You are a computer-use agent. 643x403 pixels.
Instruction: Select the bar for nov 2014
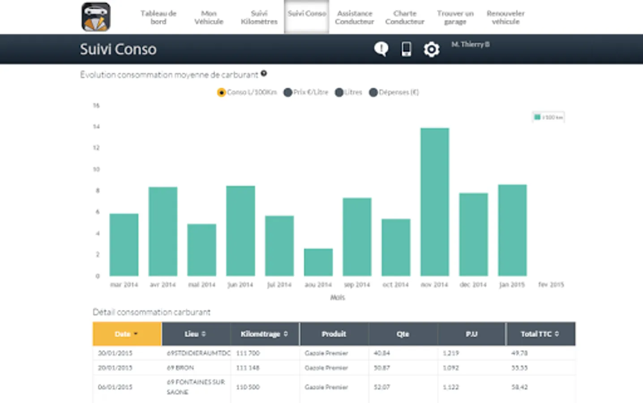point(434,201)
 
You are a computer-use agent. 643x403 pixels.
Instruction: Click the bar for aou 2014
point(318,262)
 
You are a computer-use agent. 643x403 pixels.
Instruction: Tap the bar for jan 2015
point(512,230)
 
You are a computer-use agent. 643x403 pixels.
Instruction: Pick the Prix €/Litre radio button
point(288,92)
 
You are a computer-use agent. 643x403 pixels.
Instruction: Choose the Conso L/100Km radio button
point(221,92)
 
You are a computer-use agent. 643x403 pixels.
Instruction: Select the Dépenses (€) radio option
point(373,92)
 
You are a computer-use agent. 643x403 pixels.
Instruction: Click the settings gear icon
point(431,49)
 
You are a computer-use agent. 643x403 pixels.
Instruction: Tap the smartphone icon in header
point(406,49)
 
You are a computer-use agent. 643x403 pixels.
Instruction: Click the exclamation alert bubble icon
point(381,49)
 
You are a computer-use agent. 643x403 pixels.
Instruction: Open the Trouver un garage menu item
point(455,17)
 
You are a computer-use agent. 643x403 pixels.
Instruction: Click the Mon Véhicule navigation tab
point(209,17)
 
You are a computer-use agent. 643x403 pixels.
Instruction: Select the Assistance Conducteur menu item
point(354,17)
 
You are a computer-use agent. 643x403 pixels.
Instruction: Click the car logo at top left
point(96,17)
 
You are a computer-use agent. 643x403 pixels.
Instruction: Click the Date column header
point(127,334)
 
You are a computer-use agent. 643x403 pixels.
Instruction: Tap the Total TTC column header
point(540,334)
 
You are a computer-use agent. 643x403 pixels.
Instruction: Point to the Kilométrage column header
point(264,334)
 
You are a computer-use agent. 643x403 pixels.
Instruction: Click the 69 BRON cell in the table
point(180,368)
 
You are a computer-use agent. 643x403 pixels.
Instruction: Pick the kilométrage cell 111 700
point(248,353)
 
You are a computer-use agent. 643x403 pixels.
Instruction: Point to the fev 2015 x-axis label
point(551,285)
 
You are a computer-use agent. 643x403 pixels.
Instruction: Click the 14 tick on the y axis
point(96,127)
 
